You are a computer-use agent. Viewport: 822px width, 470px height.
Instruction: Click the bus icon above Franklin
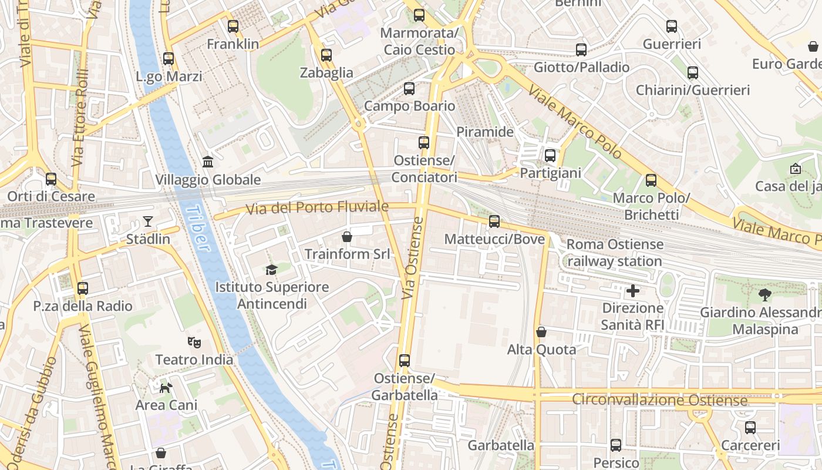[x=233, y=26]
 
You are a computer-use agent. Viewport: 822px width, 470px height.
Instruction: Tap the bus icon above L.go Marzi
[x=169, y=59]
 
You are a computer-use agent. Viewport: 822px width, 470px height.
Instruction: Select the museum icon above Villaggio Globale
[x=207, y=162]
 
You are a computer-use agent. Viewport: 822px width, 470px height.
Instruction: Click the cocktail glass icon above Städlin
[x=147, y=221]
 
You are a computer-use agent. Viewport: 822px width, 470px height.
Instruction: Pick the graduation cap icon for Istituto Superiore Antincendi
[x=271, y=270]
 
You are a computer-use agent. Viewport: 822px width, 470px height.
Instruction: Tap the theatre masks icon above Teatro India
[x=194, y=342]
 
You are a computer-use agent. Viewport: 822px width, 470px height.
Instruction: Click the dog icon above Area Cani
[x=166, y=388]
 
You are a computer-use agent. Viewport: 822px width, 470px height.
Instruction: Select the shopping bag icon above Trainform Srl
[x=347, y=237]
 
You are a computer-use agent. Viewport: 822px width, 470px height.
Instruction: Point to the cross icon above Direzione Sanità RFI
[x=632, y=290]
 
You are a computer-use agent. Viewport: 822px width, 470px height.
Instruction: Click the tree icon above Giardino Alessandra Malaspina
[x=764, y=295]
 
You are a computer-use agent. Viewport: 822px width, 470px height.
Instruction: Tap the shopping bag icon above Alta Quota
[x=541, y=332]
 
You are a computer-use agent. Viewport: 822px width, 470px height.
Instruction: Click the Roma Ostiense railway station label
[x=615, y=253]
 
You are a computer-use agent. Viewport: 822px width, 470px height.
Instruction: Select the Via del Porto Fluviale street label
[x=317, y=208]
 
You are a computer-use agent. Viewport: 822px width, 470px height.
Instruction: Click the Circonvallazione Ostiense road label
[x=660, y=401]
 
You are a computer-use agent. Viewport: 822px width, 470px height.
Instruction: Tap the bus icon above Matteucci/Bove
[x=494, y=221]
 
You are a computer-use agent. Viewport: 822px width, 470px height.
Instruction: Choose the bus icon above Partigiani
[x=550, y=156]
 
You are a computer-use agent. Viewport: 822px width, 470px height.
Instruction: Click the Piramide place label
[x=485, y=132]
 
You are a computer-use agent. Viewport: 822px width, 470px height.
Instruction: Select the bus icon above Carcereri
[x=750, y=428]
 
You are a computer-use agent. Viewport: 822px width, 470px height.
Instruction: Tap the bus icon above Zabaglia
[x=326, y=55]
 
